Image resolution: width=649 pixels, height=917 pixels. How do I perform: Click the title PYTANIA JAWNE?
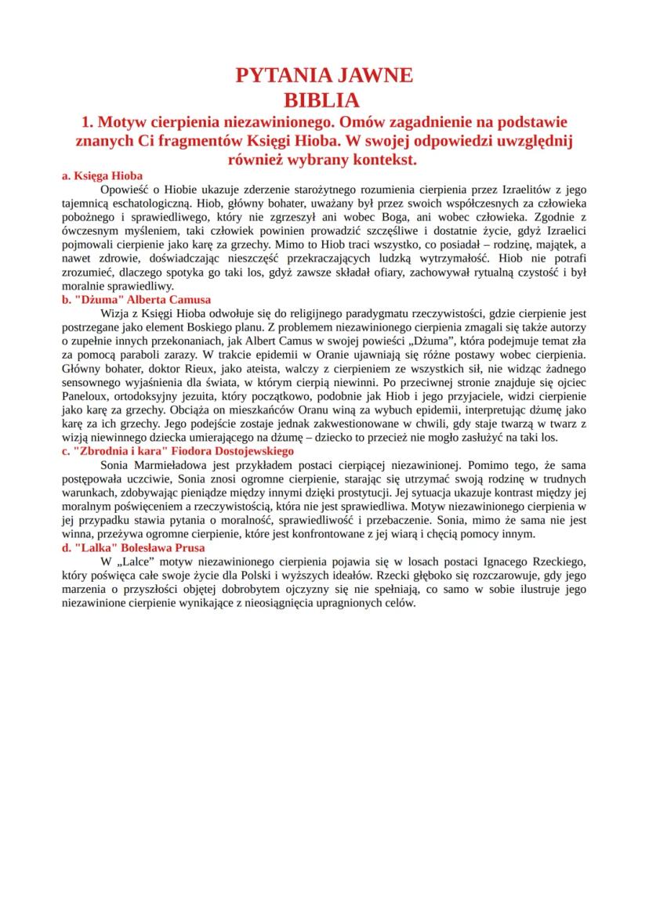click(324, 76)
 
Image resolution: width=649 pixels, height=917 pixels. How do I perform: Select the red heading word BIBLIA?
click(324, 100)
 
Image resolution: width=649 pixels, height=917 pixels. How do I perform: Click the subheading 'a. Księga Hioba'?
click(102, 176)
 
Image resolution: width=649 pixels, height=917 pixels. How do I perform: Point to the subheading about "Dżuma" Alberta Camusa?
click(136, 299)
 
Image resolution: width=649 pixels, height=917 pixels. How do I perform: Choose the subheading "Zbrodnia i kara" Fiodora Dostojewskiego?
click(177, 451)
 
